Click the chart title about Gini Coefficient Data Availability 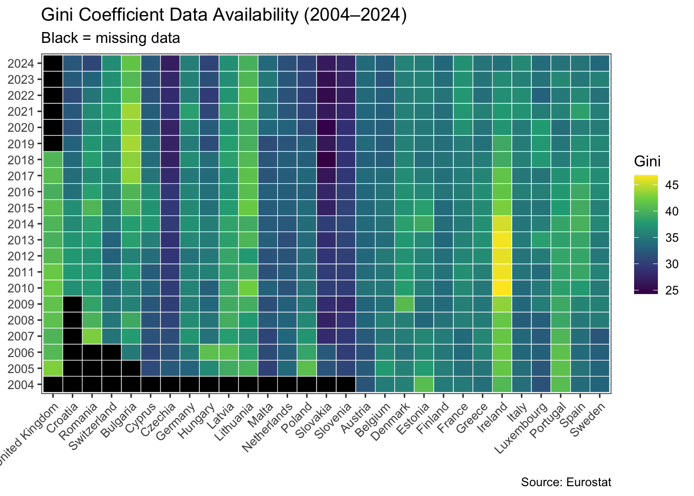(224, 16)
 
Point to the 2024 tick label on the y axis (21, 64)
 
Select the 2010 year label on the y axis (21, 288)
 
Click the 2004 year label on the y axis (21, 384)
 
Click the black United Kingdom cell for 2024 (53, 64)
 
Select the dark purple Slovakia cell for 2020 (327, 128)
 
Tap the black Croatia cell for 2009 (73, 304)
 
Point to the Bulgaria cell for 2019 (131, 144)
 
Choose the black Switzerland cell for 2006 (112, 352)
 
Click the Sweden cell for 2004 (599, 384)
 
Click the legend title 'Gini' (647, 162)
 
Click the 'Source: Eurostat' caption (566, 483)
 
